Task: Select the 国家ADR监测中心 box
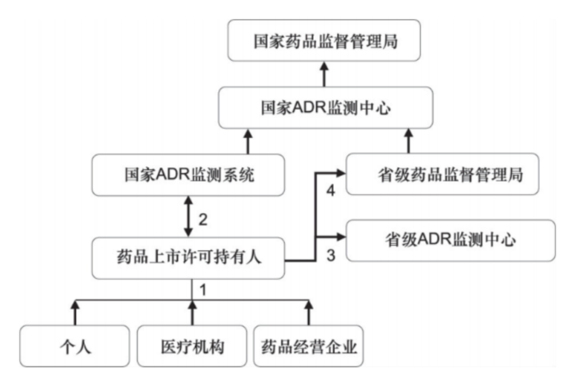click(x=324, y=109)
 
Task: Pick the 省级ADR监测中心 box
click(x=450, y=240)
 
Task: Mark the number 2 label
click(x=202, y=218)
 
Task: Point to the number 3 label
click(x=330, y=255)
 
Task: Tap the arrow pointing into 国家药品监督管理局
click(x=324, y=75)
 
